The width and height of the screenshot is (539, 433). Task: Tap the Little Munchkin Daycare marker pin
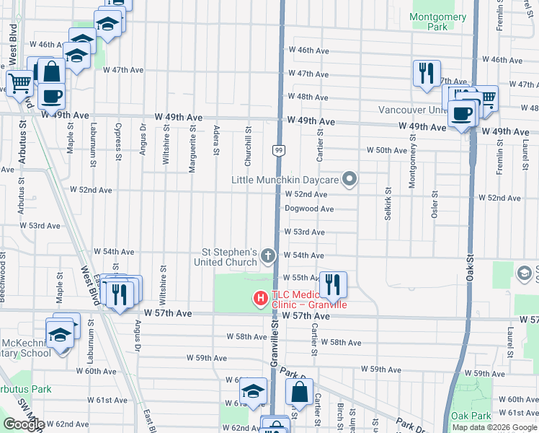pyautogui.click(x=350, y=178)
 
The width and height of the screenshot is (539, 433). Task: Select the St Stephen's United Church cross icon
pyautogui.click(x=268, y=255)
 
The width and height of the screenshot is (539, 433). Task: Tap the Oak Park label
pyautogui.click(x=471, y=416)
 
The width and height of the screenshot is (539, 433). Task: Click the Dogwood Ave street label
pyautogui.click(x=309, y=209)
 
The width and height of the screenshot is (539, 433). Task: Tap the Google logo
pyautogui.click(x=23, y=424)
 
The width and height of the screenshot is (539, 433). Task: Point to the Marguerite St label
pyautogui.click(x=192, y=150)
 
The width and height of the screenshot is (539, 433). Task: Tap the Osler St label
pyautogui.click(x=435, y=204)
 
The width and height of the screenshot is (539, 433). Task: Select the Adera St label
pyautogui.click(x=215, y=142)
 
